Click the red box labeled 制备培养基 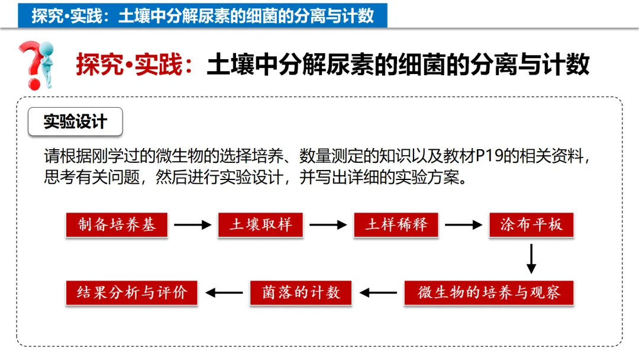pos(117,225)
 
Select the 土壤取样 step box pos(261,225)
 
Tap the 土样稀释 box pos(396,225)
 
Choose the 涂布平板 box pos(531,225)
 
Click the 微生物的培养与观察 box pos(489,292)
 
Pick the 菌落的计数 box pos(301,292)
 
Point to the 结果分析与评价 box pos(131,292)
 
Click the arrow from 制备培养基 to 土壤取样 pos(193,225)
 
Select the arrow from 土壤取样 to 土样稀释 pos(328,225)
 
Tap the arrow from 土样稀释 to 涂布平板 pos(463,225)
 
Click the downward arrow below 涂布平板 pos(531,259)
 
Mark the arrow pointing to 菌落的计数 pos(378,292)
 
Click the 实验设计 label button pos(76,122)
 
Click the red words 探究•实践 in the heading pos(130,65)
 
